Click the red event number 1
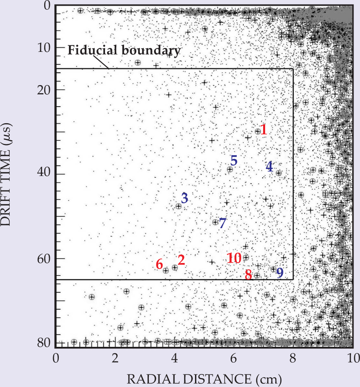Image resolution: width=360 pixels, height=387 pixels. click(264, 130)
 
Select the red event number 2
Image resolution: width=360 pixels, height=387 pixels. click(181, 260)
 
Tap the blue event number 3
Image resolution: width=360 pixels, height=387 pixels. click(184, 198)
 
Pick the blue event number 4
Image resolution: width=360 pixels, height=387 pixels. click(270, 166)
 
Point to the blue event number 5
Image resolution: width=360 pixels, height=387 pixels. click(234, 160)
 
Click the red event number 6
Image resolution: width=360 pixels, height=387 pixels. click(159, 264)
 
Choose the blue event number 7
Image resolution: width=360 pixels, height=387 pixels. click(222, 222)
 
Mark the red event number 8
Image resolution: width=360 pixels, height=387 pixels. click(249, 274)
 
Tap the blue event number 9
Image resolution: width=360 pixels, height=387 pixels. click(280, 273)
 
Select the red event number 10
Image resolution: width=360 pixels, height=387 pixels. click(234, 258)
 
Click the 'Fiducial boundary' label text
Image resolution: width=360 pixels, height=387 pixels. click(123, 51)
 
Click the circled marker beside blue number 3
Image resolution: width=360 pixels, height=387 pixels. click(178, 206)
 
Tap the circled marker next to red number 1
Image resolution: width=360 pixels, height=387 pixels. click(258, 131)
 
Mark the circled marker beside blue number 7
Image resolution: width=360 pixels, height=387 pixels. click(215, 222)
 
